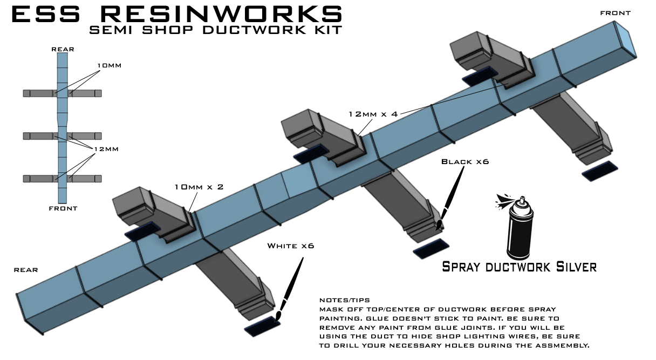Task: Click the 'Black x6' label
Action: coord(464,162)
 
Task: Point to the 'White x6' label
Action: coord(290,246)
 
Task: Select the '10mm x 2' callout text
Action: coord(199,187)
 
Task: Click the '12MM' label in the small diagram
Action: coord(105,149)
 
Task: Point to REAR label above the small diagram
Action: coord(63,49)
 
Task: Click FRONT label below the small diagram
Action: coord(63,208)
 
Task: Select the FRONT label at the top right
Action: coord(615,12)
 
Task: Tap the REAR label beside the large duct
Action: coord(26,269)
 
